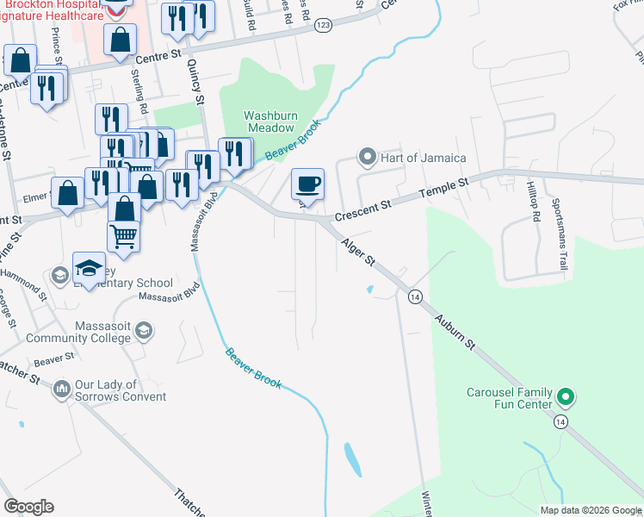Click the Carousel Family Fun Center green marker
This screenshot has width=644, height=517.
(x=566, y=398)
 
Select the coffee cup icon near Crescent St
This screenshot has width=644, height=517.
(x=307, y=184)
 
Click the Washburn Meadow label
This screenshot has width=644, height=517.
(x=271, y=121)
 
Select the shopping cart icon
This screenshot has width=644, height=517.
(x=125, y=234)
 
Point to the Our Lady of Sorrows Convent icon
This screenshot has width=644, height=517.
(x=61, y=390)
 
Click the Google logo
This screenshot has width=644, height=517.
(x=28, y=507)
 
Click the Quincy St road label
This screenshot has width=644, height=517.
(x=198, y=86)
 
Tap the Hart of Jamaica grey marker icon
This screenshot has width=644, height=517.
(x=368, y=158)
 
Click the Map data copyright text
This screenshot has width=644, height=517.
(x=589, y=510)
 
